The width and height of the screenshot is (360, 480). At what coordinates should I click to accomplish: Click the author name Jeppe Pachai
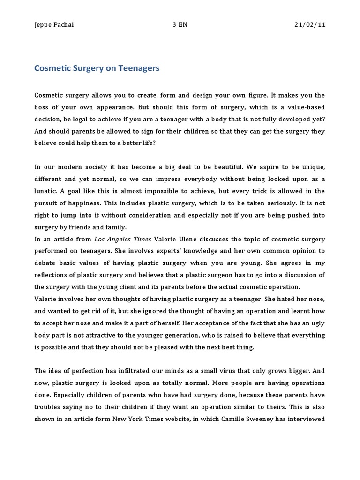(54, 25)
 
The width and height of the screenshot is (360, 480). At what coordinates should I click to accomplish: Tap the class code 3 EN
(180, 25)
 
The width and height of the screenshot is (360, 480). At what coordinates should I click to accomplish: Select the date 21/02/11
(308, 25)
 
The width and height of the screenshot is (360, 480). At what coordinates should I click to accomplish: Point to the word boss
(44, 107)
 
